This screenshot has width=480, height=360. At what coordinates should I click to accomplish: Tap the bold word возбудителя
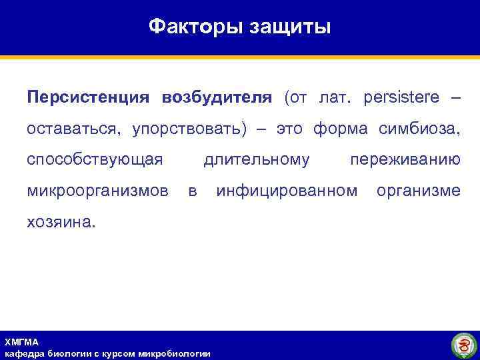(217, 97)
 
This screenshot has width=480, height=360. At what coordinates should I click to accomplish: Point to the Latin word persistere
(402, 97)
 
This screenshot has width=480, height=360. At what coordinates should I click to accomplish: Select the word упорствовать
(189, 128)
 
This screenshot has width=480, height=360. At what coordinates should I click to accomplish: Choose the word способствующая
(95, 159)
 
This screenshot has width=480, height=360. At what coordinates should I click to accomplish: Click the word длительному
(257, 159)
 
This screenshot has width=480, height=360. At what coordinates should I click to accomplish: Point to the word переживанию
(405, 159)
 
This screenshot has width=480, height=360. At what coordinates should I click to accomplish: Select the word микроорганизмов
(97, 191)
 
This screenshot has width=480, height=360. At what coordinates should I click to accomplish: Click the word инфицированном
(287, 191)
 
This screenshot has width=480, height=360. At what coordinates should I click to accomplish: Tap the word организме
(418, 191)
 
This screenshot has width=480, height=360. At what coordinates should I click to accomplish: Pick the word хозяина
(61, 222)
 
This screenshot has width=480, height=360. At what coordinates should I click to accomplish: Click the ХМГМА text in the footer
(21, 342)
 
